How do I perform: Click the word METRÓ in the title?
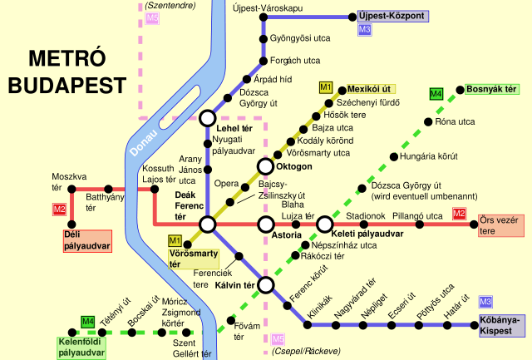pos(67,59)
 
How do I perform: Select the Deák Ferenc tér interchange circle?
pos(207,224)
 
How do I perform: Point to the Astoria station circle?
pos(266,224)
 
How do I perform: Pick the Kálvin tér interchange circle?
pos(266,285)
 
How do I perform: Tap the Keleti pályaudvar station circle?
pos(324,224)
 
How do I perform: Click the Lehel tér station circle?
pos(207,119)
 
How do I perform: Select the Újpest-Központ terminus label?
pos(392,16)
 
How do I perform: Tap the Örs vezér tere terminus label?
pos(499,224)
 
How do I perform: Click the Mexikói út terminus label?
pos(368,87)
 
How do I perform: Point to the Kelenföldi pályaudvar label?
pos(82,347)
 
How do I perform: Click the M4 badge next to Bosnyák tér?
pos(436,93)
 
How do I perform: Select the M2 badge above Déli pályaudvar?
pos(59,210)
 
